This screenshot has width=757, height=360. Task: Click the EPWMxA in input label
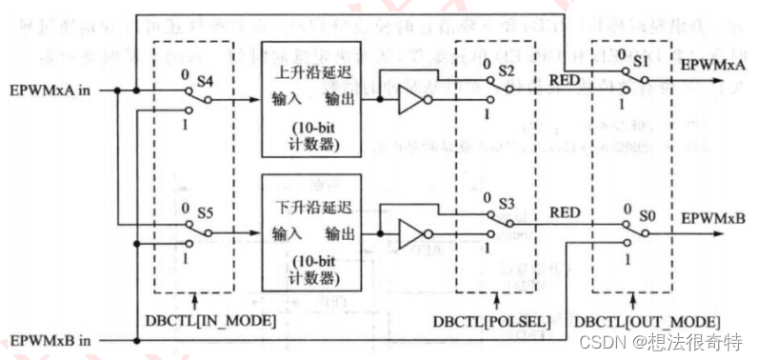(51, 91)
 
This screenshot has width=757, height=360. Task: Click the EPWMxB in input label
(51, 340)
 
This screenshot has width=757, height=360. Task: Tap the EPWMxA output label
(711, 64)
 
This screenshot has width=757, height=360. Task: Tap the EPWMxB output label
(711, 218)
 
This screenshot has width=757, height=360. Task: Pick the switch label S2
(506, 72)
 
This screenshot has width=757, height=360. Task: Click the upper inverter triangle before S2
(410, 99)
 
